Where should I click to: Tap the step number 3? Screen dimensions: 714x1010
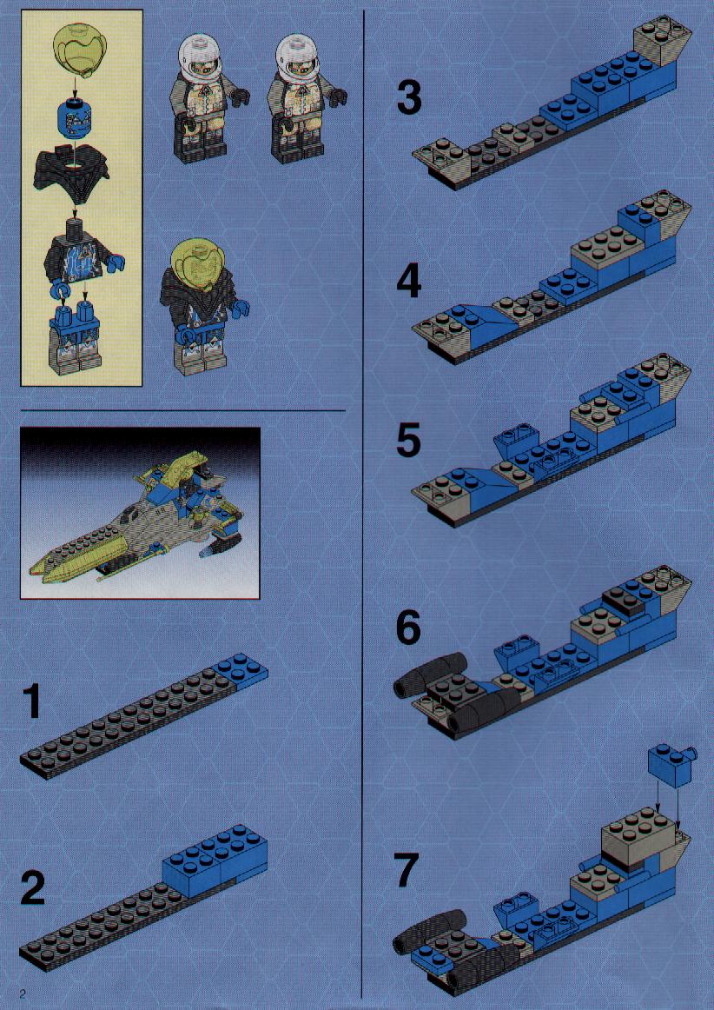pos(409,98)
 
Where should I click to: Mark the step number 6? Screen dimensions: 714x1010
pos(409,628)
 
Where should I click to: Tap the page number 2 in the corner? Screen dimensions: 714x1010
pos(23,991)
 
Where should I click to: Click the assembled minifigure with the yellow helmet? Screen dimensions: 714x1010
pos(202,309)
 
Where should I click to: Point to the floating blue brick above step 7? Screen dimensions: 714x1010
pos(672,764)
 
